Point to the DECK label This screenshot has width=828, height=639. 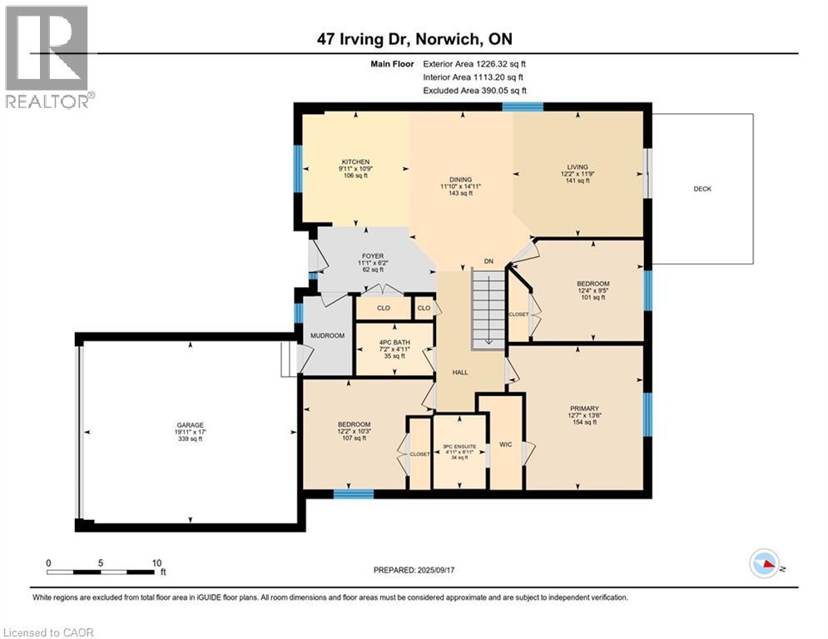[x=702, y=189]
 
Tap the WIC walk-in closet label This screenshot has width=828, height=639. [x=504, y=445]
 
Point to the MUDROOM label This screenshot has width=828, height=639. [x=327, y=336]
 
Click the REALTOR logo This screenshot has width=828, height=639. [x=47, y=57]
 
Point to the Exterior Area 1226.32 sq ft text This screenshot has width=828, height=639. [x=474, y=62]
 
